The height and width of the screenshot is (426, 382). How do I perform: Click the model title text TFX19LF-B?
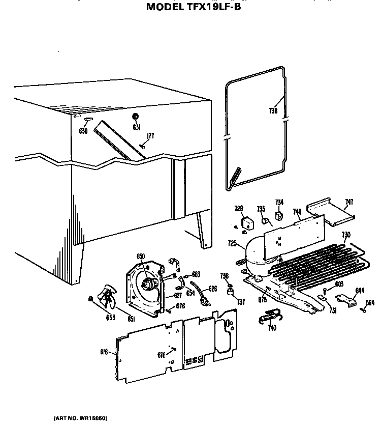(x=194, y=7)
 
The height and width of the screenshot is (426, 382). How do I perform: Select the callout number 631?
(x=137, y=127)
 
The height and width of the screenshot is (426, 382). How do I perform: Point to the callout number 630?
(x=84, y=131)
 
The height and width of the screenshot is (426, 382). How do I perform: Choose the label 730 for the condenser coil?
(x=346, y=235)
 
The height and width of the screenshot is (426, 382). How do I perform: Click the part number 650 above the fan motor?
(x=141, y=256)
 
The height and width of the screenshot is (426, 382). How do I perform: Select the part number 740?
(x=272, y=328)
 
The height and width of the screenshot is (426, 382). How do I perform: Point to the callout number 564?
(x=370, y=302)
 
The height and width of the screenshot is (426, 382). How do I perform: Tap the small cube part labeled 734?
(x=279, y=216)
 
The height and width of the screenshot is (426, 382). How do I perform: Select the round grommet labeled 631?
(x=136, y=117)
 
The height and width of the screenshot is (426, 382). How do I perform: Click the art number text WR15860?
(x=80, y=417)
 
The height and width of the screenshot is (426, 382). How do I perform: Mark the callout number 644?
(x=359, y=291)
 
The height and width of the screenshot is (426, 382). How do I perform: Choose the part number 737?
(x=241, y=301)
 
